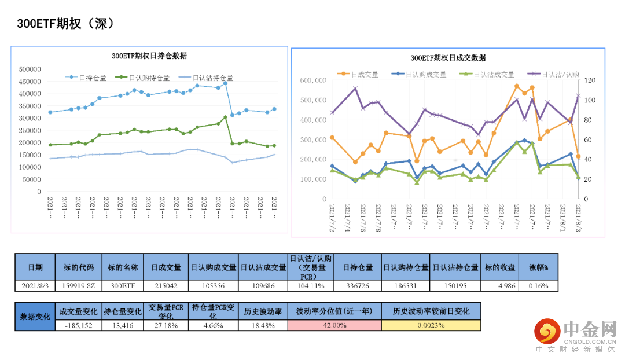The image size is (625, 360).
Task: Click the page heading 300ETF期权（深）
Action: pos(65,24)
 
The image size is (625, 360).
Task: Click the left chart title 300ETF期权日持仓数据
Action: pos(149,56)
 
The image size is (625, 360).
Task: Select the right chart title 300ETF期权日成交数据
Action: pos(448,58)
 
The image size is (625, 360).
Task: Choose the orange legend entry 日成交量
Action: pos(364,74)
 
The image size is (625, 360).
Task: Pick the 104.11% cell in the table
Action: pos(311,285)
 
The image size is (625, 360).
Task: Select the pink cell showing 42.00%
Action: pos(334,325)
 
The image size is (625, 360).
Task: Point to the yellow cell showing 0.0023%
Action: pos(431,325)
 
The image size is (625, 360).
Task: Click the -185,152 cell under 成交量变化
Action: pos(79,325)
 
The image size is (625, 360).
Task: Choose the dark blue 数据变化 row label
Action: pos(35,317)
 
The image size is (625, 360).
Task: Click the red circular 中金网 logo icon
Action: pos(546,330)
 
